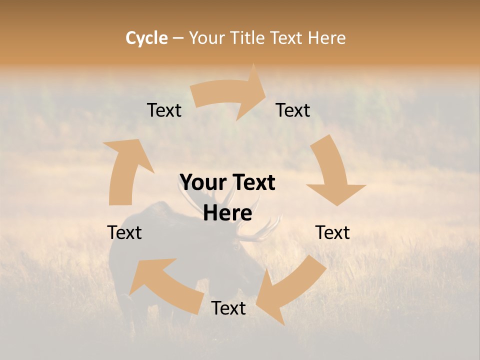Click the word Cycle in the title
click(146, 38)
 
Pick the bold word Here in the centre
click(227, 213)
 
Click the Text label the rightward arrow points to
click(293, 110)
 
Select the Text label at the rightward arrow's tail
click(164, 110)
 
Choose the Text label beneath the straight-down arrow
click(332, 232)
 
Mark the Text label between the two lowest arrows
click(228, 308)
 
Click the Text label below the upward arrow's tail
click(124, 232)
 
